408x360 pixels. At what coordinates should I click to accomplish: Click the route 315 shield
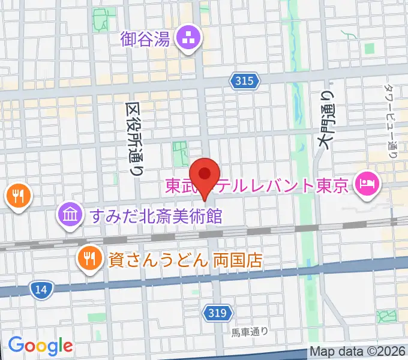tap(244, 80)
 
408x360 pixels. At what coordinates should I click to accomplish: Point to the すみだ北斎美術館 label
tap(156, 215)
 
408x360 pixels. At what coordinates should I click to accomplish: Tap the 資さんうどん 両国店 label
tap(185, 260)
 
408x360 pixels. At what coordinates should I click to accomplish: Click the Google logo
tap(40, 345)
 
